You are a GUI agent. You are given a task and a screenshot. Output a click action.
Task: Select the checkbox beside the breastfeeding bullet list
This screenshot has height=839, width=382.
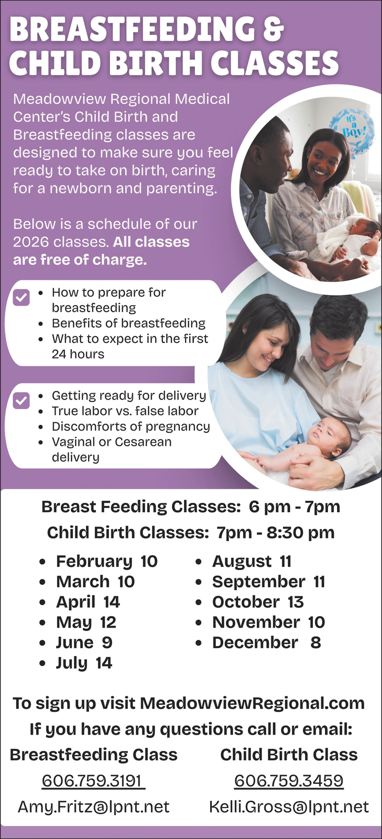point(21,297)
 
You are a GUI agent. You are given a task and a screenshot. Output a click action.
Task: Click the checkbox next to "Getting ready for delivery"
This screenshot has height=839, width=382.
point(21,401)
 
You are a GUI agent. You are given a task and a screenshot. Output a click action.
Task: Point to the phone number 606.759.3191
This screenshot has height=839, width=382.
point(92,781)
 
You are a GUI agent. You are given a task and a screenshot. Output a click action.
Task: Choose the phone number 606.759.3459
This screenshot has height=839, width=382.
point(289,781)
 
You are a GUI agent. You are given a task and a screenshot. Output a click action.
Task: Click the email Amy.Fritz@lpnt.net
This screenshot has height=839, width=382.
point(94,807)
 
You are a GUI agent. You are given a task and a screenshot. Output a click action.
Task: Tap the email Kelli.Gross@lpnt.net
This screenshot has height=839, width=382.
point(289,807)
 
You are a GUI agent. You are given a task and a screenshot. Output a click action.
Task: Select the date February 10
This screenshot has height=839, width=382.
point(107,562)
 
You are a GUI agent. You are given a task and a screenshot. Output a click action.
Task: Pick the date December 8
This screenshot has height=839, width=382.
point(267,643)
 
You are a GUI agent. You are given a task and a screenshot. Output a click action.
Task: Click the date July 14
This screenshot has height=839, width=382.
point(84,663)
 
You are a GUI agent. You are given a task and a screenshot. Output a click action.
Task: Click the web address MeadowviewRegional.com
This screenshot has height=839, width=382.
point(252,703)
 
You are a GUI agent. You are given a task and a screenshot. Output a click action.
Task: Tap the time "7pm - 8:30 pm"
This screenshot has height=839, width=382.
point(276,533)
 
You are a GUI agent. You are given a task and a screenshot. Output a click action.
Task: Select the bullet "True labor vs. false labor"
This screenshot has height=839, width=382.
point(125,411)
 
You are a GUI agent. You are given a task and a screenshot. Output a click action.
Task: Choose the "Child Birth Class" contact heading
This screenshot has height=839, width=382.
point(289,755)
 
